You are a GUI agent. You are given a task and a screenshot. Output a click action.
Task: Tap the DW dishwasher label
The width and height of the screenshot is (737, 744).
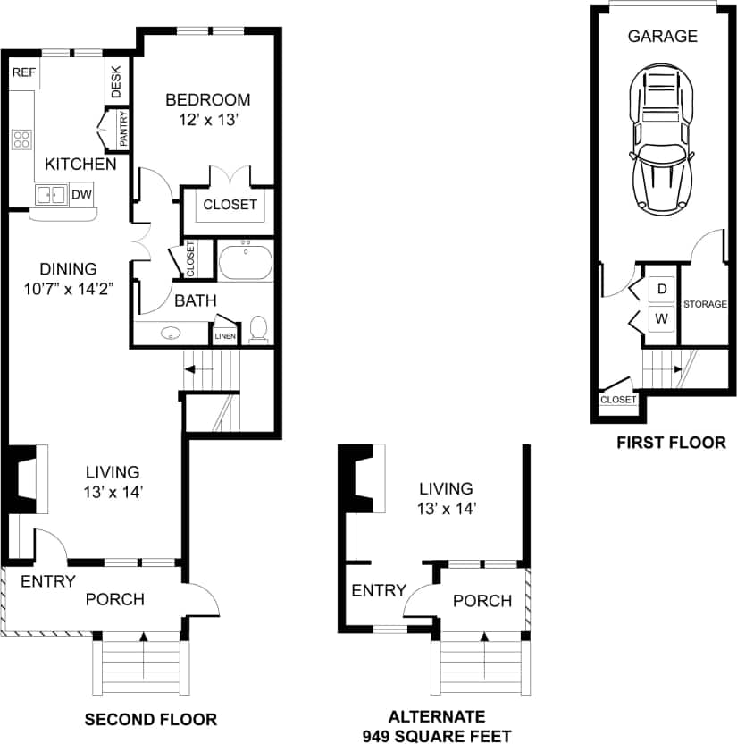(80, 194)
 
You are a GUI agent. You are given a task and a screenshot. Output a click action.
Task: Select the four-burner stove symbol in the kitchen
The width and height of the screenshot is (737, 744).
(21, 139)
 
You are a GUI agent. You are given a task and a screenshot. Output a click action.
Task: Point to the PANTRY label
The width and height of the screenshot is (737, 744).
(123, 129)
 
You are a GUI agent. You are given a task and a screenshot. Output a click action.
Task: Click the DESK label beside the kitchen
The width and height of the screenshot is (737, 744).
(117, 83)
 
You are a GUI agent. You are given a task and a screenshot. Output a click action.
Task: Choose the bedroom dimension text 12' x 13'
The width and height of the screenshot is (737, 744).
(206, 120)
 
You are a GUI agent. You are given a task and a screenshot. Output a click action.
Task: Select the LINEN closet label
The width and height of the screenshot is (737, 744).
(223, 336)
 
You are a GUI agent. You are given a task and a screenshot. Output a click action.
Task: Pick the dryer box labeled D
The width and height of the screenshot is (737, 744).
(662, 289)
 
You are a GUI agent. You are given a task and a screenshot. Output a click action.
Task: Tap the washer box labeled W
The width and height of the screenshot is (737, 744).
(662, 317)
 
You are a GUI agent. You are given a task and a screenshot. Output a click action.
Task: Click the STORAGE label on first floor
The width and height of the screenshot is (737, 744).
(705, 304)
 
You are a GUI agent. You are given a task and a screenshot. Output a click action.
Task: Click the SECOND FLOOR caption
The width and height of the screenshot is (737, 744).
(150, 718)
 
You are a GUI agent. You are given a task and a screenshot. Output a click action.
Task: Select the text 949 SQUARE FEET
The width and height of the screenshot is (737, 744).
(437, 735)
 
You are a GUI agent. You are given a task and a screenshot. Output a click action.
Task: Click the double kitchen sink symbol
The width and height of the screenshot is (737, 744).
(50, 195)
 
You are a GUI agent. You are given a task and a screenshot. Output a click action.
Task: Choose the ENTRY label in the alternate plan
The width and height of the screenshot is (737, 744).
(379, 590)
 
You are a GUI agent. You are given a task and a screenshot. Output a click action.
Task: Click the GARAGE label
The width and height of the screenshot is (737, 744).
(662, 37)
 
